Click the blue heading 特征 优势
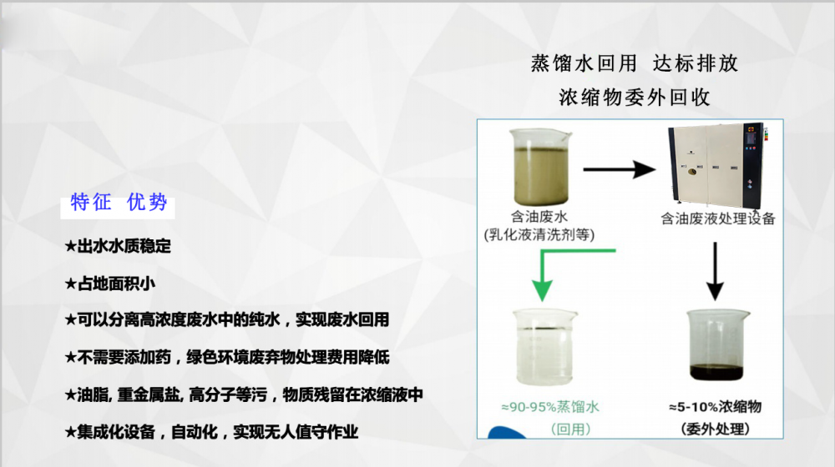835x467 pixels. coord(119,203)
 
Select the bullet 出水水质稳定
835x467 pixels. coord(118,246)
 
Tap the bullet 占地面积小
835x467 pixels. coord(110,284)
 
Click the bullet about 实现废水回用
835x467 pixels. coord(227,319)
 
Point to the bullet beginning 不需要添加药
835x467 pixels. coord(227,357)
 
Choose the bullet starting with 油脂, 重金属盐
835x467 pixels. coord(244,394)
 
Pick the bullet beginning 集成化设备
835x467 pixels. coord(211,432)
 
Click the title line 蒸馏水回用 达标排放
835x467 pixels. coord(635,63)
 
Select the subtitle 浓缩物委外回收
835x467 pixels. coord(635,98)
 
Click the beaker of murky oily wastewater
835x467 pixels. coord(540,166)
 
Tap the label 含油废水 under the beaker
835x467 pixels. coord(539,217)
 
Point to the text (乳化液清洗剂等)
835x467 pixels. coord(539,234)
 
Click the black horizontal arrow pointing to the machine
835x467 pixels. coord(620,169)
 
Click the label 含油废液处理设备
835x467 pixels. coord(718,218)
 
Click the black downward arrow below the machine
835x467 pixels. coord(715,271)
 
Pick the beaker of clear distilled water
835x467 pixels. coord(544,347)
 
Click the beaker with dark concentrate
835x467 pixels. coord(716,345)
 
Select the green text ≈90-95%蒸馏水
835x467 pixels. coord(550,407)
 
